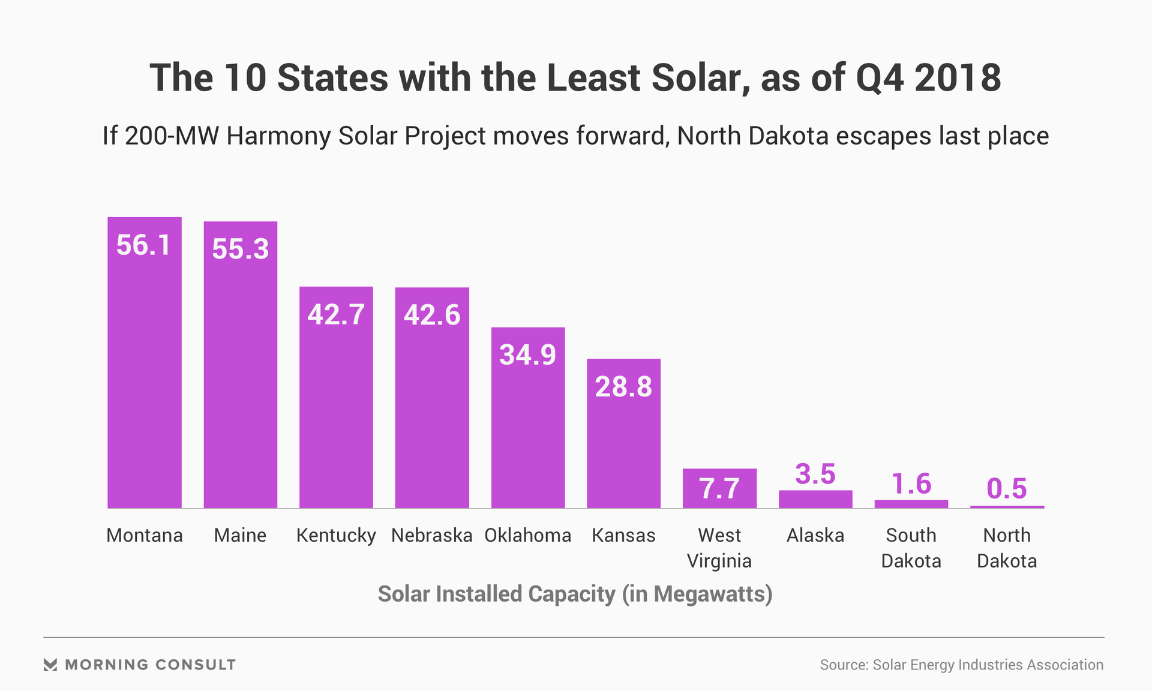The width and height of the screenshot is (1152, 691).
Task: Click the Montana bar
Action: (x=145, y=372)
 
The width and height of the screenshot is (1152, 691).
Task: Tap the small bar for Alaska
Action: (x=815, y=499)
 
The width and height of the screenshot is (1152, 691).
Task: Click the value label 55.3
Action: (x=240, y=249)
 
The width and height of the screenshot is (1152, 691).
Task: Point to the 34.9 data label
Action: (x=527, y=354)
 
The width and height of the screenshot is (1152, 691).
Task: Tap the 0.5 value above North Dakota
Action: (x=1007, y=488)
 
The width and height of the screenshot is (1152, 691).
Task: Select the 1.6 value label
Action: (x=911, y=484)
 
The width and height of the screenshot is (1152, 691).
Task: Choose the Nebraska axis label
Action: (x=431, y=535)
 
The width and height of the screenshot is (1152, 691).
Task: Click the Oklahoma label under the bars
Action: (x=527, y=535)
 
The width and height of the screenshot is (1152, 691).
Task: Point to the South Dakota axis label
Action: (x=911, y=548)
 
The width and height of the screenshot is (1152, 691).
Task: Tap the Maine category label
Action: (x=240, y=535)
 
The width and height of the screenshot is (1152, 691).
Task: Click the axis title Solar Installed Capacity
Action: (x=575, y=594)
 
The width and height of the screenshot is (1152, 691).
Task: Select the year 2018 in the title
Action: (x=958, y=78)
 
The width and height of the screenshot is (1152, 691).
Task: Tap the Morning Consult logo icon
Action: (x=50, y=665)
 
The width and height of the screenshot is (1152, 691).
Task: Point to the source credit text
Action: (x=961, y=665)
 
